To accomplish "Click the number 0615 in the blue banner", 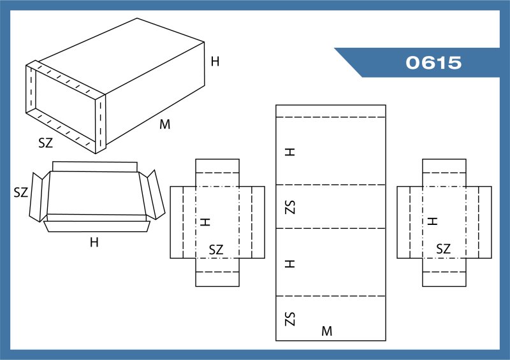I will coord(433,63).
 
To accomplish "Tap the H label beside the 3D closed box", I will coord(215,62).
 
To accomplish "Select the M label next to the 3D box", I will coord(165,124).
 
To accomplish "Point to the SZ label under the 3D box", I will coord(45,143).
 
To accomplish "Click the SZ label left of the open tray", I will coord(21,192).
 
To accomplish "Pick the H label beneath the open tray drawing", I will coord(94,242).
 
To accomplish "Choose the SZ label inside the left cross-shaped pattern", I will coord(216,250).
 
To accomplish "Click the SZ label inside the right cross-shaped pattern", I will coord(443,249).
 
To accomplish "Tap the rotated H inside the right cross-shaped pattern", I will coord(432,221).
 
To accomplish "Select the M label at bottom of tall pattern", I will coord(326,331).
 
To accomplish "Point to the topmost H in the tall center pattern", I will coord(290,152).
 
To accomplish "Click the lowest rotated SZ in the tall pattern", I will coord(290,318).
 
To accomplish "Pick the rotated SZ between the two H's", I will coord(290,206).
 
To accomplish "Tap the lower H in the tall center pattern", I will coord(290,263).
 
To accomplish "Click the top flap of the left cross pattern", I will coord(217,166).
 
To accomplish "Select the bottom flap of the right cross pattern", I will coord(444,278).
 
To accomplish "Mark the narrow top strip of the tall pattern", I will coord(331,111).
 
